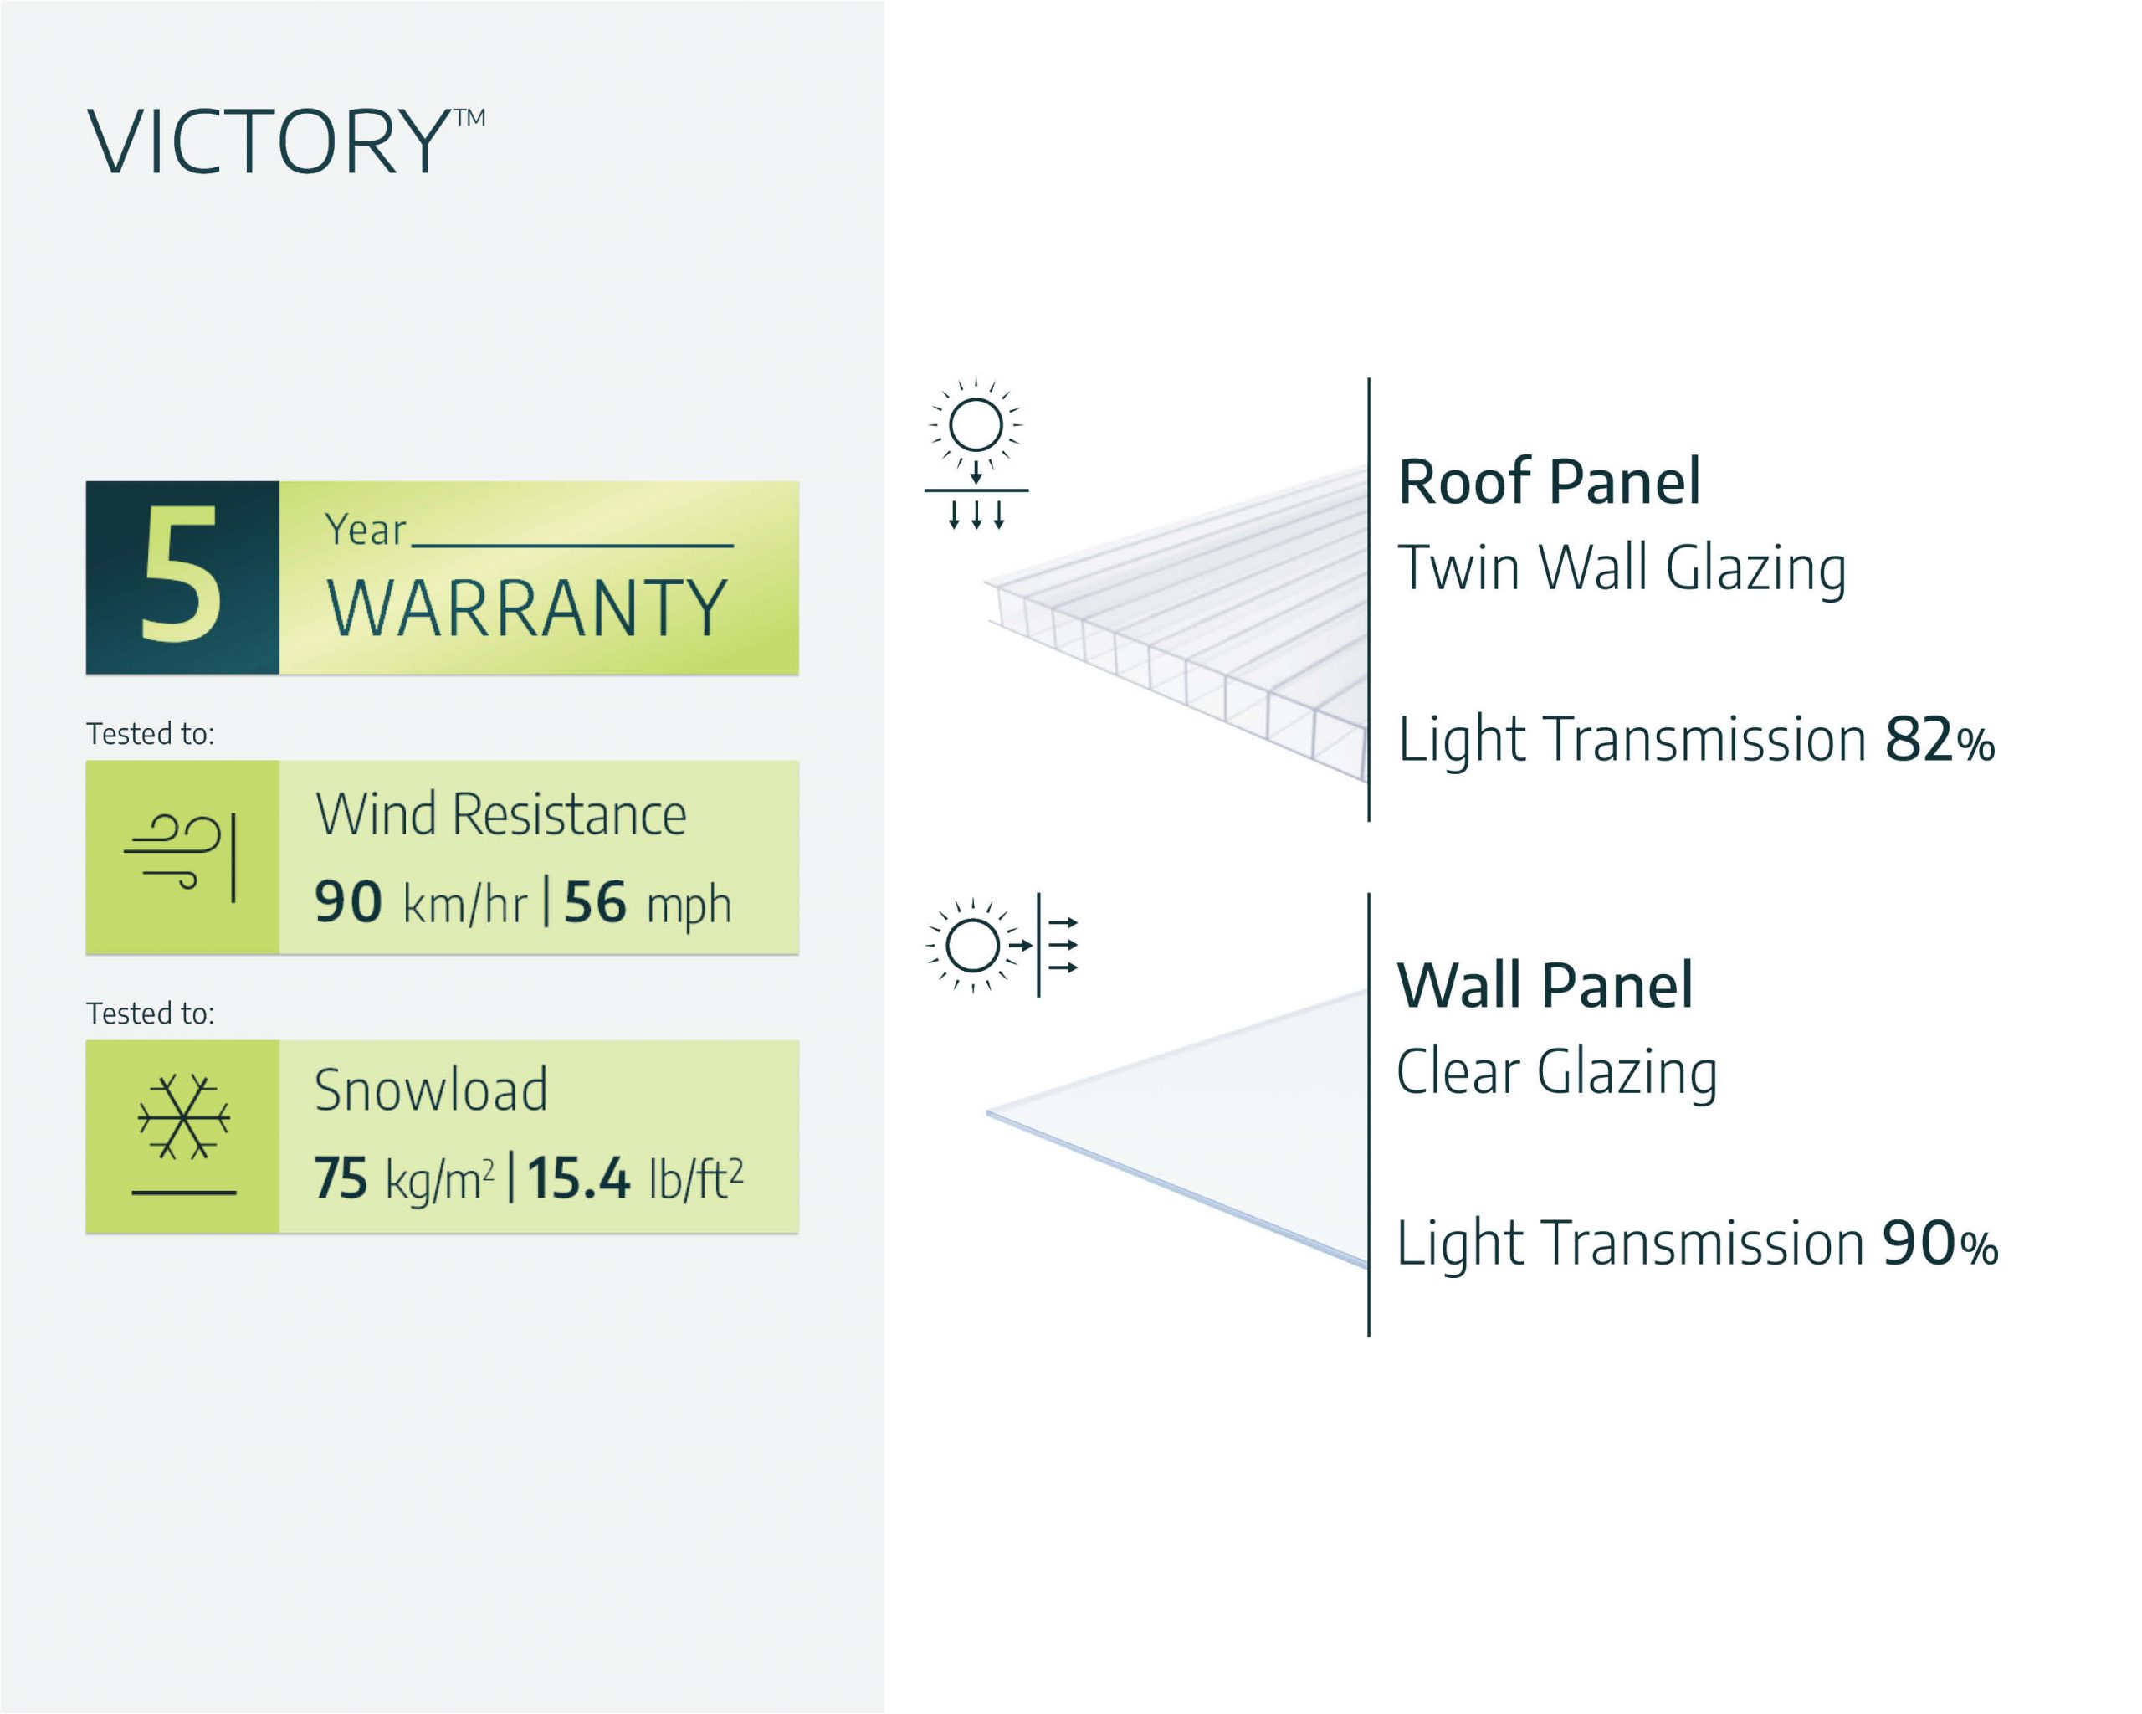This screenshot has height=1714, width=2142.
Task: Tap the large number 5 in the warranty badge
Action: click(181, 575)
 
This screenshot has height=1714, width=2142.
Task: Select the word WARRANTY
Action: click(526, 608)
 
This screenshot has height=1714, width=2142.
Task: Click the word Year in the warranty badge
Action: click(365, 531)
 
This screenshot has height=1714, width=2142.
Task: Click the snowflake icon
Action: click(184, 1118)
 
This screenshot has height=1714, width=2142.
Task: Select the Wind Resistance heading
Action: click(500, 816)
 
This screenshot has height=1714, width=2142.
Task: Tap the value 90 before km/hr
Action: click(348, 902)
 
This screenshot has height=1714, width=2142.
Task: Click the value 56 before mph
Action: click(595, 902)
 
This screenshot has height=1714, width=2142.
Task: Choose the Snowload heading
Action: click(430, 1090)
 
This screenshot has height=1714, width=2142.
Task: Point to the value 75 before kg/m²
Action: click(341, 1178)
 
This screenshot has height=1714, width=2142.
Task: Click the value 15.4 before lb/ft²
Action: click(578, 1178)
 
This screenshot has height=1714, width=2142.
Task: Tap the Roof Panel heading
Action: click(1549, 482)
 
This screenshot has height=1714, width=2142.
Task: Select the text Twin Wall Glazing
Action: click(1622, 568)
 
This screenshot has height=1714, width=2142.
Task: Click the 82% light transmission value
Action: click(1940, 742)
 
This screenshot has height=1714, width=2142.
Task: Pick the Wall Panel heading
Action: click(1545, 986)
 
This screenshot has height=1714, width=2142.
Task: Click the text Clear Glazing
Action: click(1555, 1072)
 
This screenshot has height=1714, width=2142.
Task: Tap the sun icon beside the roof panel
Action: click(976, 428)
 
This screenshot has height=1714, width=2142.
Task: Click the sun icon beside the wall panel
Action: click(972, 945)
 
